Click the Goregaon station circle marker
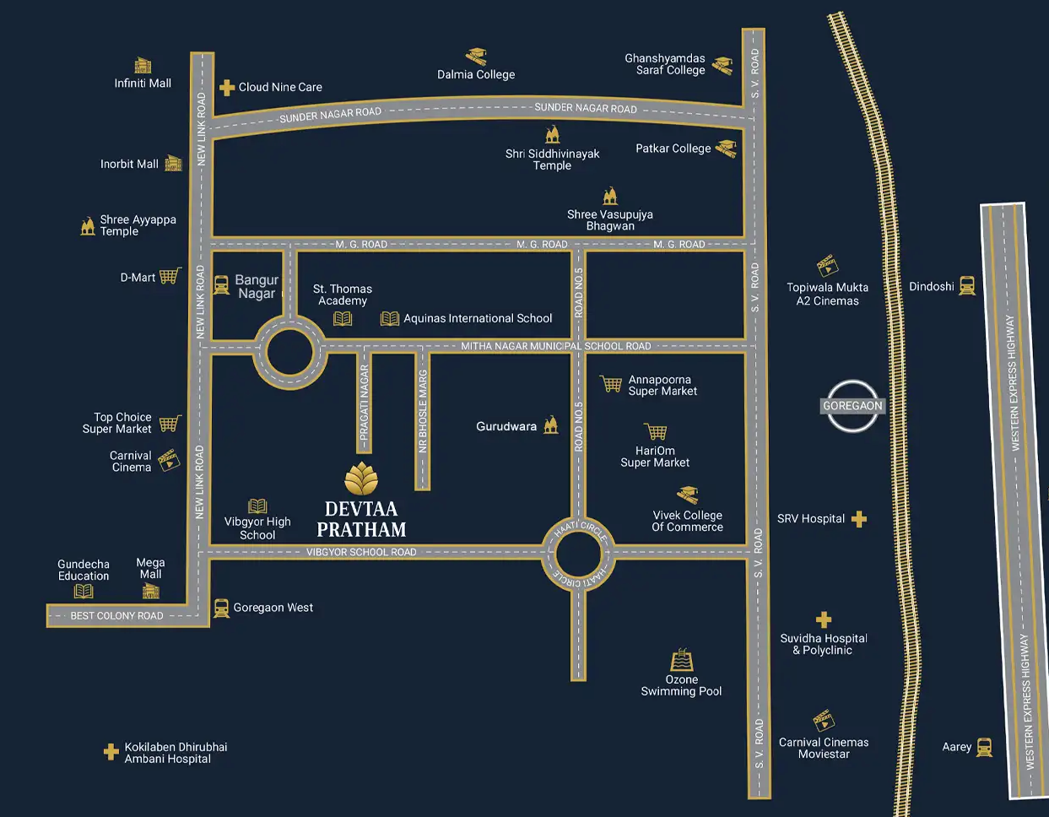click(x=852, y=406)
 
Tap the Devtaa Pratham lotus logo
click(x=361, y=479)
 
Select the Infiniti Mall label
click(x=143, y=83)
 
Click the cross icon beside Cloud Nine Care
click(x=226, y=87)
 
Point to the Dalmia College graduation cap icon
click(x=476, y=57)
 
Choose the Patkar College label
click(x=673, y=149)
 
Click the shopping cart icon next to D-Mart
click(x=170, y=276)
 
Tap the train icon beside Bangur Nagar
click(x=221, y=285)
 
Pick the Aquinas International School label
click(x=478, y=318)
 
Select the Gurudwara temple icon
click(x=551, y=425)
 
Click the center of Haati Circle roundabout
click(x=579, y=555)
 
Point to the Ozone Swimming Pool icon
click(x=682, y=660)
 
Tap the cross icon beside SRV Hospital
click(x=858, y=519)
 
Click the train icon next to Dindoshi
click(x=967, y=286)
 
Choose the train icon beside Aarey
click(x=984, y=747)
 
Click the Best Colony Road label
click(x=116, y=615)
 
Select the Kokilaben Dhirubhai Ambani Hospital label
click(x=176, y=753)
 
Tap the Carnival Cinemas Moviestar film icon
click(x=824, y=720)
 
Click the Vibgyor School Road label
click(x=361, y=552)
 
